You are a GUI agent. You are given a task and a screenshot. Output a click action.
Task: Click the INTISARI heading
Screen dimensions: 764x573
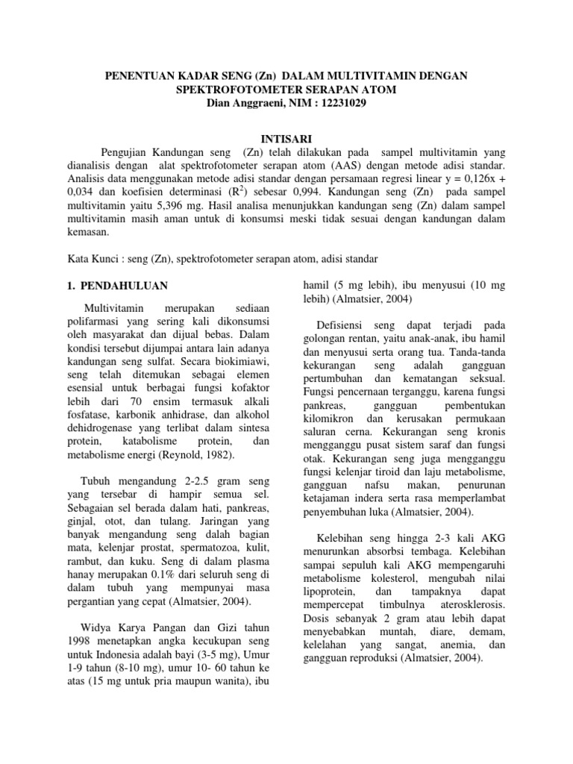click(x=286, y=139)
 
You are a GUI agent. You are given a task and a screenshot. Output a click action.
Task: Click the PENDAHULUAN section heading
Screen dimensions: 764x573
click(x=125, y=286)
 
